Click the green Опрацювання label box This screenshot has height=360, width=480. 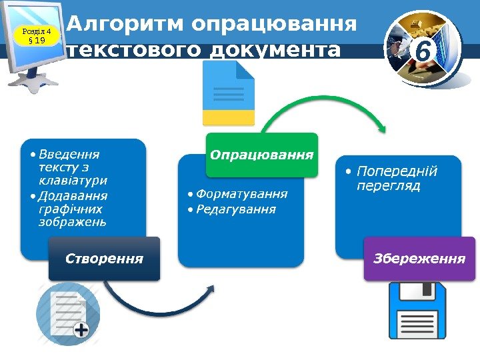click(262, 155)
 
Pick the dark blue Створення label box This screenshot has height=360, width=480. click(104, 258)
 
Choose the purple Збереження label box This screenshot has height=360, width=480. click(419, 258)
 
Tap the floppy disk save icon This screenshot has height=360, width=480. click(417, 311)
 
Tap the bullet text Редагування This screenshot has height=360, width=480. click(236, 209)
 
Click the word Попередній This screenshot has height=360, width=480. click(397, 171)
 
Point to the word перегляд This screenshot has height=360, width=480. click(389, 186)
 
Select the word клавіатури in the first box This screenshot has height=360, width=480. click(73, 180)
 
